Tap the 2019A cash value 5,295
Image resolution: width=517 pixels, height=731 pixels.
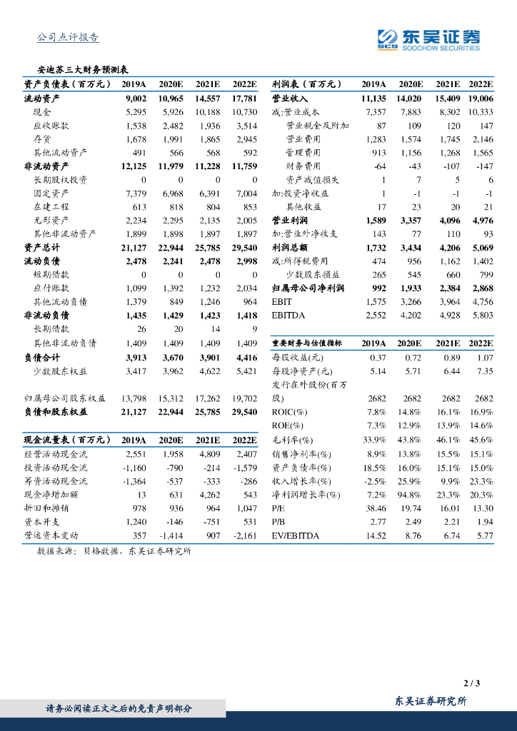[135, 112]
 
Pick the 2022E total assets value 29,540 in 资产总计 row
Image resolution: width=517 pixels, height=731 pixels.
[241, 248]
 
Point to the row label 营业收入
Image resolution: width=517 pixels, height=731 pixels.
[289, 99]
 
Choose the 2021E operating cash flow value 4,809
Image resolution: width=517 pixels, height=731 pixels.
[207, 454]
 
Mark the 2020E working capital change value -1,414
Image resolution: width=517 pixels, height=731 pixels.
[169, 535]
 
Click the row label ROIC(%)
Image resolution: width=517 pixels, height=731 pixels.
[289, 413]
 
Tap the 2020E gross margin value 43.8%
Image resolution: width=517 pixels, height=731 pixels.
[409, 440]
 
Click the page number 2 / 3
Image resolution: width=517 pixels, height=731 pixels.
[472, 683]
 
